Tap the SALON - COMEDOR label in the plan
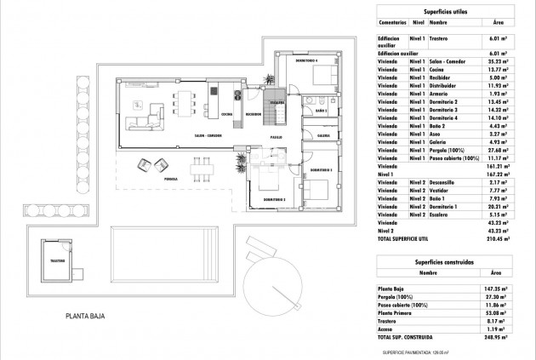coord(208,134)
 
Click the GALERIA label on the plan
coord(323,134)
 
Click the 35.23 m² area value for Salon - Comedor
coord(499,62)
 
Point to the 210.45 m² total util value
coord(499,240)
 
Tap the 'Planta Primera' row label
coord(395,313)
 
